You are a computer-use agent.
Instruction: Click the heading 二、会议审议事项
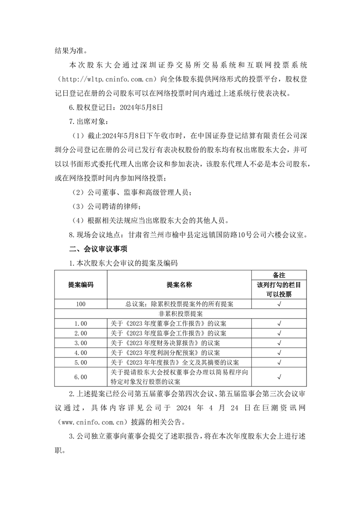98,249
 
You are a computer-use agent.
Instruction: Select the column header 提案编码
81,284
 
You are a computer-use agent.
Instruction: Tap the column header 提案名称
179,284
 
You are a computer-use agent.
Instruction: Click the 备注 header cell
279,275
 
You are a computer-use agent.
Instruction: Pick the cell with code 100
81,303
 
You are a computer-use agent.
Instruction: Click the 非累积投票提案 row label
180,313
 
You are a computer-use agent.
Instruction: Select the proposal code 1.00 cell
81,323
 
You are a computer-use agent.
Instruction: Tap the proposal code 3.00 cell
81,343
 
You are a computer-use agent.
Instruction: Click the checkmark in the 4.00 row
279,352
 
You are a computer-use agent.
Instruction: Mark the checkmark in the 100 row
279,303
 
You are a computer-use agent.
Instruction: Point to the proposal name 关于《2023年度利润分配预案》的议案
165,352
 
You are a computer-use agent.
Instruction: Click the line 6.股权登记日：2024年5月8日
115,108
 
